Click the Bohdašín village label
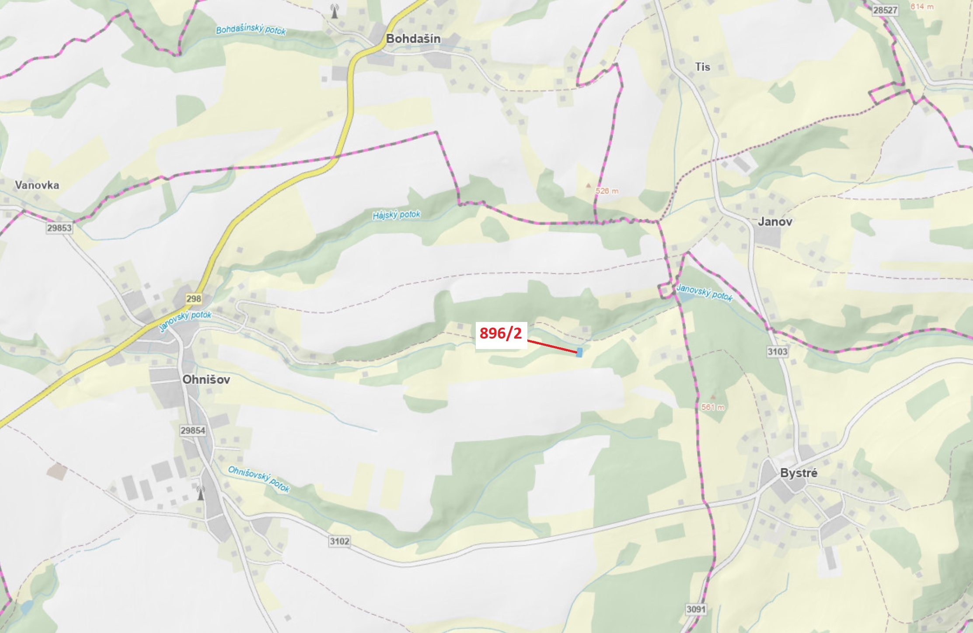[413, 39]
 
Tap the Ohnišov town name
[206, 379]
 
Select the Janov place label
[774, 221]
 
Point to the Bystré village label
[799, 473]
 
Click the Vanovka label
[37, 185]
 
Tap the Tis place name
[702, 67]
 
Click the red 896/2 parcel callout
[501, 333]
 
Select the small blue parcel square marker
[579, 352]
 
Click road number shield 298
[193, 299]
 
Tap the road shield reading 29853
[59, 228]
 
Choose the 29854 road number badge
[193, 430]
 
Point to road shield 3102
[339, 541]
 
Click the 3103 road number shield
[777, 351]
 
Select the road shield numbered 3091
[695, 609]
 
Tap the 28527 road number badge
[885, 10]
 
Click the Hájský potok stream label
[396, 215]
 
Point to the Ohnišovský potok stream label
[259, 479]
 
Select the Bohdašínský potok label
[251, 30]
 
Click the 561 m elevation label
[712, 407]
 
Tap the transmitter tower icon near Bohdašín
[335, 11]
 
